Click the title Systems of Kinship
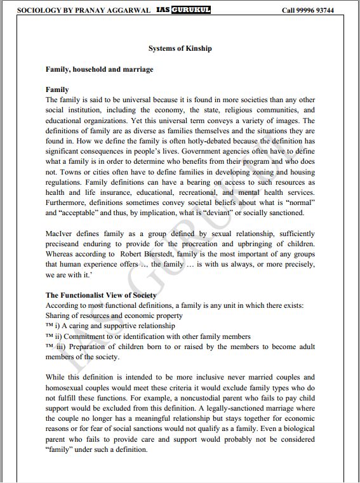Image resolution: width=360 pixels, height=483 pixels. click(180, 48)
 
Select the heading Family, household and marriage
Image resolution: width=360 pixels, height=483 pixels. click(99, 69)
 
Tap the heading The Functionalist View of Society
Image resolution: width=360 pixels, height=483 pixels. click(101, 295)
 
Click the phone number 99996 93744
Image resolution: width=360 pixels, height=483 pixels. click(326, 10)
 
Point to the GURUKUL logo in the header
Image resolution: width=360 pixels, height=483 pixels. click(191, 10)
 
